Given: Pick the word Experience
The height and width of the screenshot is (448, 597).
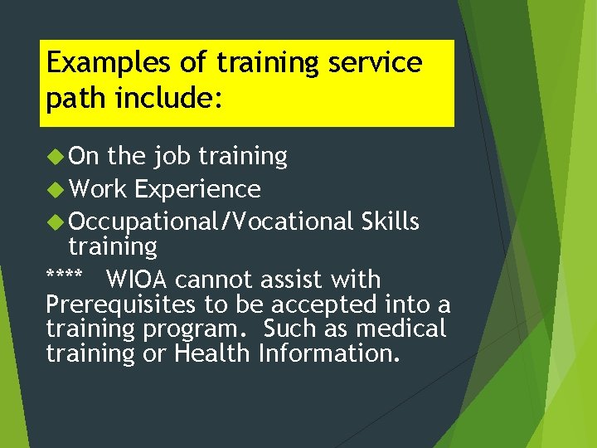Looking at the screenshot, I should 197,190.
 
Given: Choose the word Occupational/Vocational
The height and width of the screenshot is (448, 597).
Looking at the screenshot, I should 211,222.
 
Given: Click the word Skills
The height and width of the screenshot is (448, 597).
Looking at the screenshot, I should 391,222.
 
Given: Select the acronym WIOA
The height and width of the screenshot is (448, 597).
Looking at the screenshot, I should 138,280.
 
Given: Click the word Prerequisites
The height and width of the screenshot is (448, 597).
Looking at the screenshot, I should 112,304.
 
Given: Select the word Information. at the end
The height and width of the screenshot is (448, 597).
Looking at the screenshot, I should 329,353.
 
